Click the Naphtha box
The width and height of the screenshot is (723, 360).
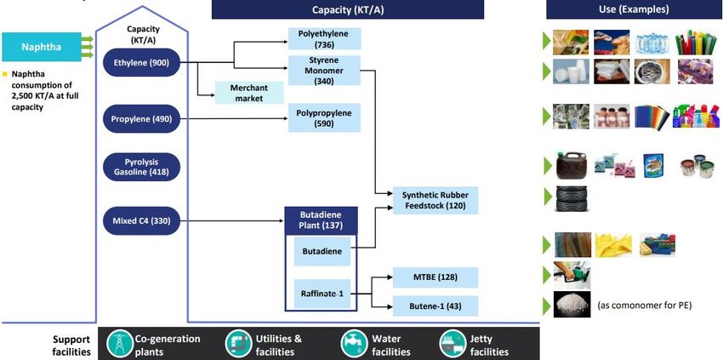[x=42, y=47]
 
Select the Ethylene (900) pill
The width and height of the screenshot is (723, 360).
[x=141, y=62]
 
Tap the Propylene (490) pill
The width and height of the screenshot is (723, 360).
[x=141, y=119]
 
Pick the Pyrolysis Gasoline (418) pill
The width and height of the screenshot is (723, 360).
[x=141, y=167]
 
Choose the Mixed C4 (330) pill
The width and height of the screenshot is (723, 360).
[x=141, y=221]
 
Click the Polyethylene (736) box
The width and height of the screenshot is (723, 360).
[x=325, y=39]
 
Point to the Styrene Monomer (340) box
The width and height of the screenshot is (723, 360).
[x=325, y=71]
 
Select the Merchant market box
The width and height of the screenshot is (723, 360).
[x=249, y=93]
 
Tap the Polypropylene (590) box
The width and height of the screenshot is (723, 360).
[x=325, y=118]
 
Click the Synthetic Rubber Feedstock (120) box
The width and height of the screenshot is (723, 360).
[x=436, y=200]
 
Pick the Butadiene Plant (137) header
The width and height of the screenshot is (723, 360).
[x=322, y=220]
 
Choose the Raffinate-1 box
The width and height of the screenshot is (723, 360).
[x=322, y=294]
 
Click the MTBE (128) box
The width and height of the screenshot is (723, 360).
[x=436, y=277]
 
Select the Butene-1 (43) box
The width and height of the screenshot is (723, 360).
[x=436, y=306]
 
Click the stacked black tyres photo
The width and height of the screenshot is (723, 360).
[x=572, y=198]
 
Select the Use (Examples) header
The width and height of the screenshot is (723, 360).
[x=634, y=9]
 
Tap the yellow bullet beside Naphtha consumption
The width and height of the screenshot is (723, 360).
[x=5, y=74]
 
